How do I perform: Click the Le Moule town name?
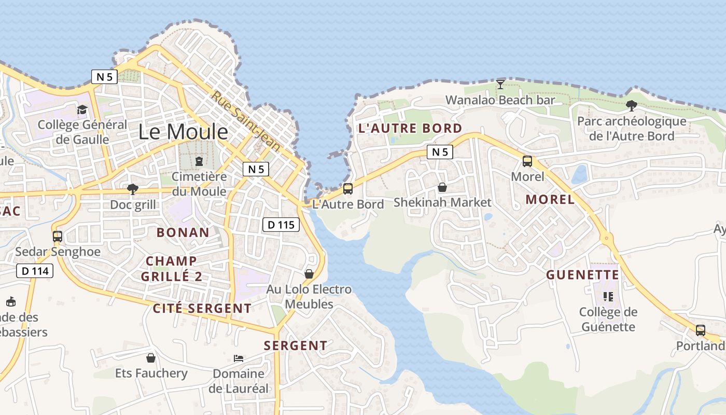(x=183, y=132)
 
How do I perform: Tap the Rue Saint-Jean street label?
(x=246, y=121)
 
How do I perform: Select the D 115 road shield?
(x=281, y=225)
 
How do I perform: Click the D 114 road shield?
(x=35, y=270)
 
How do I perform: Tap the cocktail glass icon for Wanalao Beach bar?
(x=500, y=85)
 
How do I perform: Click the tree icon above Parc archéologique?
(x=631, y=106)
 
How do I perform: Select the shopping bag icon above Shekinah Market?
(x=442, y=187)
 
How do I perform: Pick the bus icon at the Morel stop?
(x=527, y=161)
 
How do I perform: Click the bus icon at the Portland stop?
(x=700, y=330)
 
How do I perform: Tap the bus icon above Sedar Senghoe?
(x=58, y=237)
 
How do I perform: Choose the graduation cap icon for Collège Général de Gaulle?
(x=82, y=109)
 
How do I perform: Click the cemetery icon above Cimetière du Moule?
(x=199, y=161)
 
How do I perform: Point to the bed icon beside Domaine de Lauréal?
(x=239, y=358)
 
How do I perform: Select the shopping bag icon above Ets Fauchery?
(x=151, y=358)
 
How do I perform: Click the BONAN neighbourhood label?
(x=183, y=232)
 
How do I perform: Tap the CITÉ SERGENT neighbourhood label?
(x=202, y=308)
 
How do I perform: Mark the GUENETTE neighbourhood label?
(x=582, y=274)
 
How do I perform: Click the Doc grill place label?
(x=133, y=204)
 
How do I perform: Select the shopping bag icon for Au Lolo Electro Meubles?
(x=309, y=273)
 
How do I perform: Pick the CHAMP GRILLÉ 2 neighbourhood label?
(x=172, y=269)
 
